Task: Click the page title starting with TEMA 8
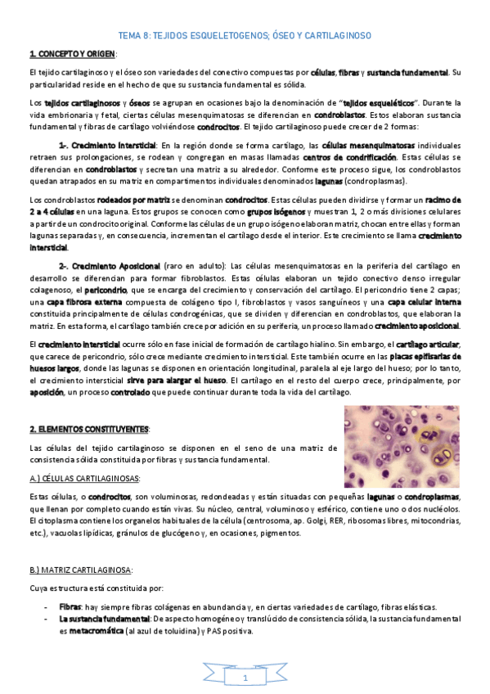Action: click(245, 36)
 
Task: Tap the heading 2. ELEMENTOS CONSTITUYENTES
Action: click(88, 429)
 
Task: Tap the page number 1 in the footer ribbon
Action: click(245, 678)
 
